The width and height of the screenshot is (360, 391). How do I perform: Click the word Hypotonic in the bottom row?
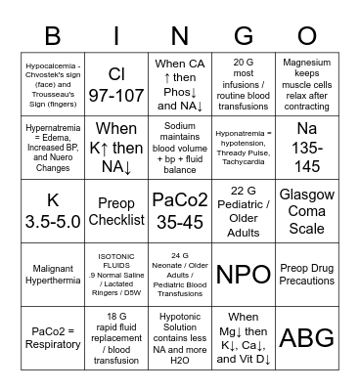pyautogui.click(x=180, y=316)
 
